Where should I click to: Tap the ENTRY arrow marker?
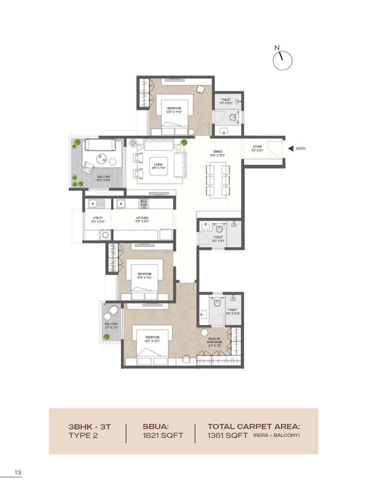click(x=291, y=149)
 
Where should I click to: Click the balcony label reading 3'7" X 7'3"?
click(x=111, y=326)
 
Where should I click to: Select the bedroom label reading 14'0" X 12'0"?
click(x=152, y=339)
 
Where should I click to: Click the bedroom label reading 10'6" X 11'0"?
click(x=145, y=276)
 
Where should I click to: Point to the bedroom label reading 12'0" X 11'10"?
click(x=174, y=110)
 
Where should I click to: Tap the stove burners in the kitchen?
click(x=144, y=203)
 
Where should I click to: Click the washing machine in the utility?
click(x=105, y=235)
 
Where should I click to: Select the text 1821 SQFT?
click(x=163, y=435)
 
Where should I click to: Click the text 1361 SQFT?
click(x=227, y=435)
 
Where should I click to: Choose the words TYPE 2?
click(x=83, y=435)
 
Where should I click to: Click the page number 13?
click(x=18, y=472)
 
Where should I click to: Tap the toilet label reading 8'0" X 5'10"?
click(x=233, y=312)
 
